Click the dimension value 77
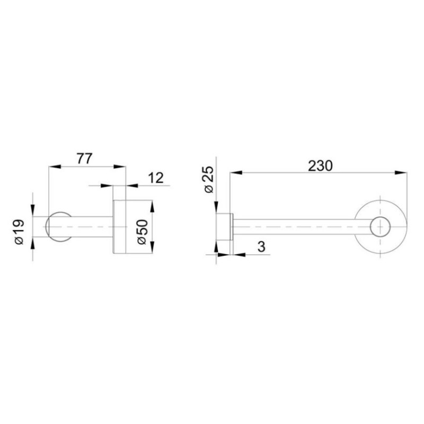[85, 158]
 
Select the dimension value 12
[156, 178]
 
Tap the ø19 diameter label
[20, 232]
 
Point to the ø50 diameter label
[143, 232]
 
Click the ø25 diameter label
[209, 179]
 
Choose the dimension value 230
[320, 166]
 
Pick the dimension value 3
[261, 246]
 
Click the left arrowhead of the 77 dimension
[54, 166]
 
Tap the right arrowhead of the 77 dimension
[120, 166]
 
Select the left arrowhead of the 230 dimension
[236, 173]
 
